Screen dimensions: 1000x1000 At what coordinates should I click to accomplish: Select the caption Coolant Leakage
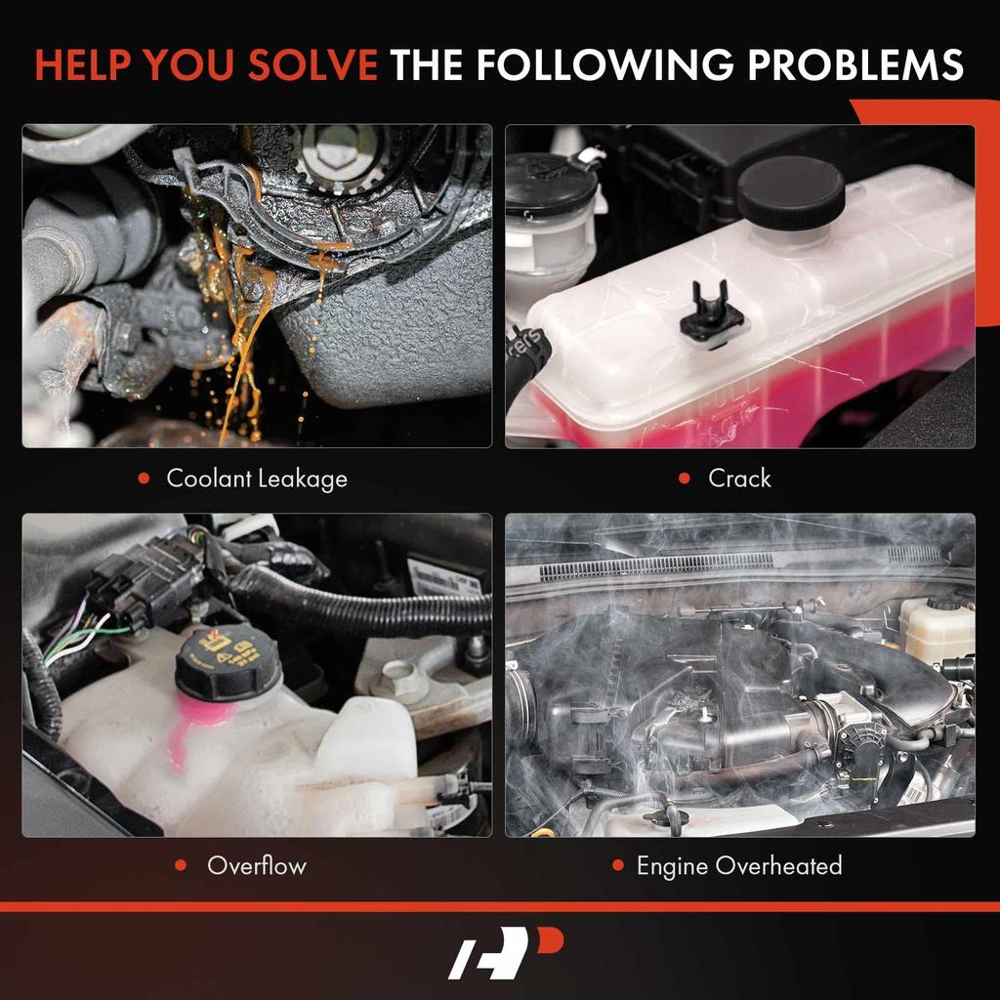point(257,479)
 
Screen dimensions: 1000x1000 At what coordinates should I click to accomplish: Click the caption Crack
point(739,479)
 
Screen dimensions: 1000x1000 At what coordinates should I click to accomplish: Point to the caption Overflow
point(257,865)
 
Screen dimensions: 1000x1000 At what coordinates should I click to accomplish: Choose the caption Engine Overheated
point(739,865)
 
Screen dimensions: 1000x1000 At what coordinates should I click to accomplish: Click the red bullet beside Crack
point(686,479)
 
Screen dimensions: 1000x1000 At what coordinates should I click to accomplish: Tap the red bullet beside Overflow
point(181,865)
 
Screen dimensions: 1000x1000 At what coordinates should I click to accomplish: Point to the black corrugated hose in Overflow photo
point(381,605)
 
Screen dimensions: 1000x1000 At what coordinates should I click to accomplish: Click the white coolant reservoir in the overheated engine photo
point(936,628)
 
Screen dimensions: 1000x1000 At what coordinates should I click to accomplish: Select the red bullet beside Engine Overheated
point(617,865)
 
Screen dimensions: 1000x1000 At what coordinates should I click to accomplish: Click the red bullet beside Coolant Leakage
point(144,479)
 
